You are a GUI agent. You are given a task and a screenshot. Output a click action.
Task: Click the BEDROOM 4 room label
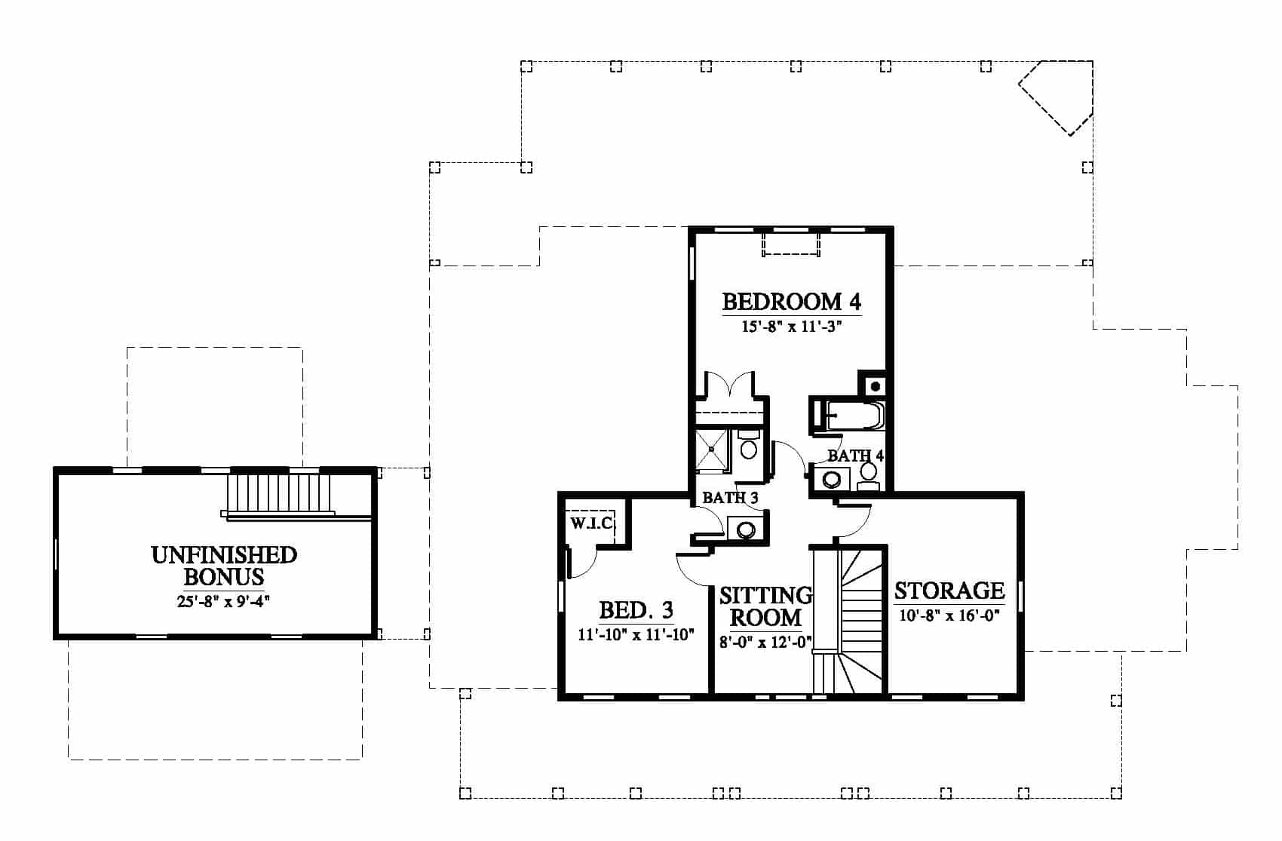792,302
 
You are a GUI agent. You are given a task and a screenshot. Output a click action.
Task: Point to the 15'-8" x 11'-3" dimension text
792,327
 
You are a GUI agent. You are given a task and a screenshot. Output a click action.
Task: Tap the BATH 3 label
730,498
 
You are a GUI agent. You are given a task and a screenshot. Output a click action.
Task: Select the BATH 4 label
856,456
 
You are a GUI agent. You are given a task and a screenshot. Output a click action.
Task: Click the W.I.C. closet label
592,523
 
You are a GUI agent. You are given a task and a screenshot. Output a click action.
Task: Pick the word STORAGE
949,591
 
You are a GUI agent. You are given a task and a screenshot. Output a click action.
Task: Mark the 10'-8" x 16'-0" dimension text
949,616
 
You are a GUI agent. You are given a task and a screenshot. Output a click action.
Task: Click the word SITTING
765,596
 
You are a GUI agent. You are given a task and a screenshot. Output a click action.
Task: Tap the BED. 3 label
636,610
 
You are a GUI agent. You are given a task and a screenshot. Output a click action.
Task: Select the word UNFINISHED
224,554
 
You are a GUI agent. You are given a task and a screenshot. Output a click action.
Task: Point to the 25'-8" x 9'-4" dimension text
223,601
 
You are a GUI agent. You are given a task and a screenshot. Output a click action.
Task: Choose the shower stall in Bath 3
712,450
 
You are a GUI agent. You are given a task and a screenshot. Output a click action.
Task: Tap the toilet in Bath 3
749,444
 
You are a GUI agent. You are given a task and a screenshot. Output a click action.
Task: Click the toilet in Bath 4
869,477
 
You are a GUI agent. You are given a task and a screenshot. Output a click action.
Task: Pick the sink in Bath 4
832,479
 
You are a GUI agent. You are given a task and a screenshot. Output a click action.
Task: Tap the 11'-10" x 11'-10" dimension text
636,635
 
